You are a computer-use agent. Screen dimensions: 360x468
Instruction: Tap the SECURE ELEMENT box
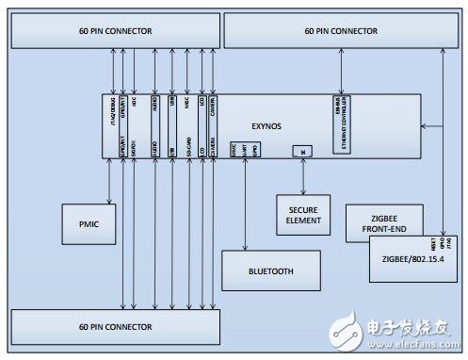302,216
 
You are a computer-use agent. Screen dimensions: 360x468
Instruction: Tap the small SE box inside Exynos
302,150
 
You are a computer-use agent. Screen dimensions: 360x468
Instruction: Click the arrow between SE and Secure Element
302,175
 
